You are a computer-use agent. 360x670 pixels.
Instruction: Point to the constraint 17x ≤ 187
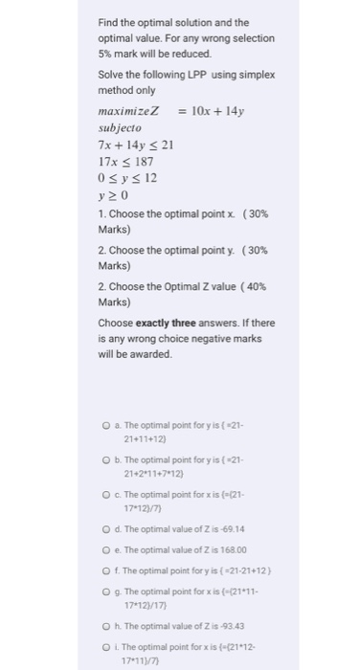126,162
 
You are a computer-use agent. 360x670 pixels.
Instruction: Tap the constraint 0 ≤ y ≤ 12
128,179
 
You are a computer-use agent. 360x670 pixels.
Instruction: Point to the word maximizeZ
128,111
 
